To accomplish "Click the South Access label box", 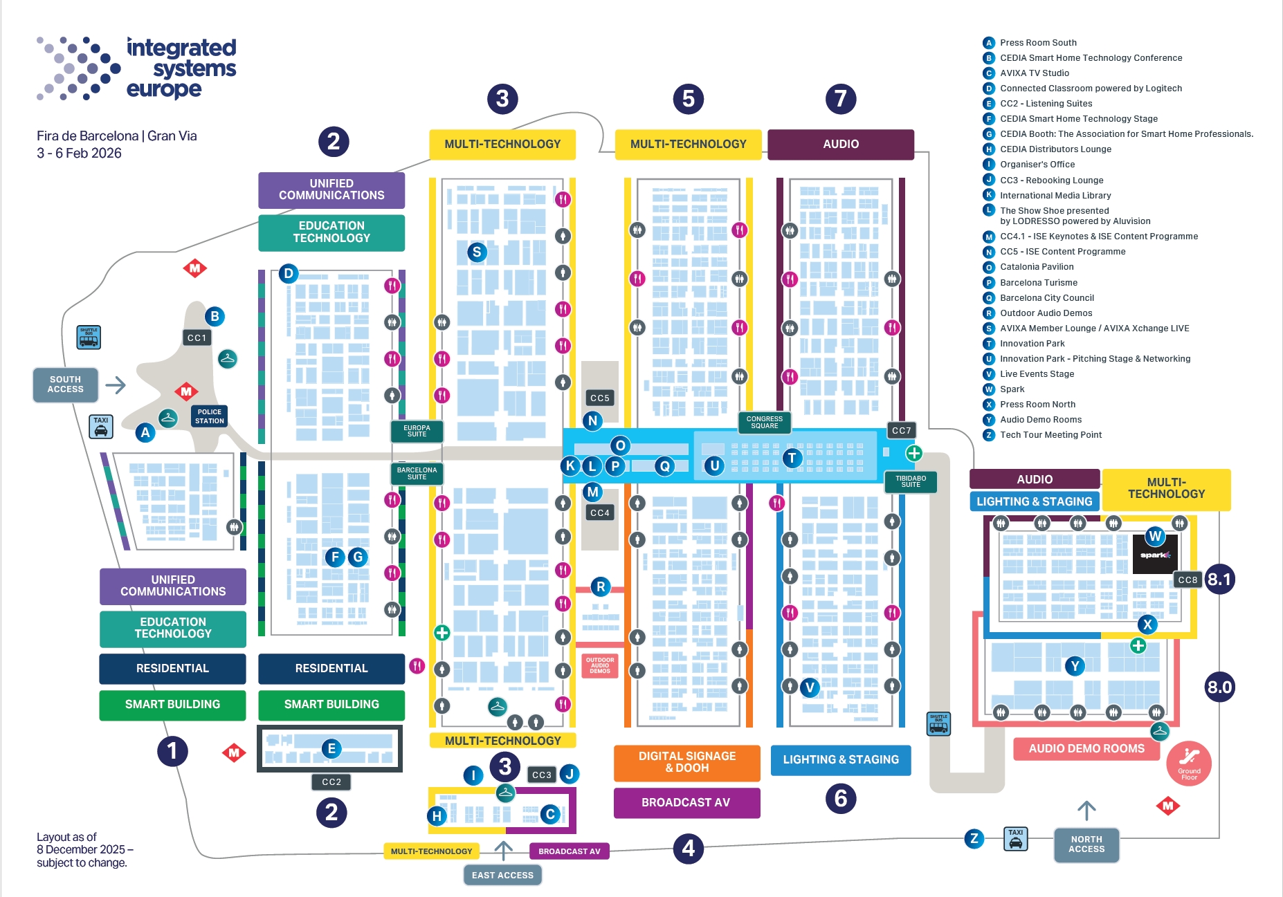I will pos(65,385).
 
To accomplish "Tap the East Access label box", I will pos(502,875).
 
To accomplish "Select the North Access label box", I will pos(1086,844).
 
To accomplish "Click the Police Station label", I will pos(209,416).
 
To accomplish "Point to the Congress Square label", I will pos(764,422).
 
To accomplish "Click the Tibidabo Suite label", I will pos(910,481).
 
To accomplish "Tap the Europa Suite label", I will pos(417,431).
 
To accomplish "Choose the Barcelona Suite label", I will pos(417,473).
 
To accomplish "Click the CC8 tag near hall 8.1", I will pos(1188,580).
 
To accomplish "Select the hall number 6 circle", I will pos(840,799).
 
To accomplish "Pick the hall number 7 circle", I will pos(840,99).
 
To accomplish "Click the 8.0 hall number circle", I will pos(1219,687).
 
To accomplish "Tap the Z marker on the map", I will pos(974,839).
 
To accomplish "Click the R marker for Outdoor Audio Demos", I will pos(600,586).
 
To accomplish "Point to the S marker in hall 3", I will pos(476,252).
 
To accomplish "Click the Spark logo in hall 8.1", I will pos(1154,555).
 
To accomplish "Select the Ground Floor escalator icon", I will pos(1188,764).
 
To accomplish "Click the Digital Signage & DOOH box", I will pos(686,762).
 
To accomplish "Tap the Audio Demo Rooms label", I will pos(1086,748).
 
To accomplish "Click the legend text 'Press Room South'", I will pos(1038,43).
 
